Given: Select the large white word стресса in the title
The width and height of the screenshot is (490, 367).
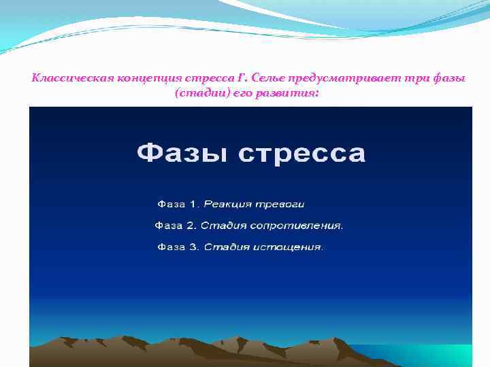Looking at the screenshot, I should [302, 154].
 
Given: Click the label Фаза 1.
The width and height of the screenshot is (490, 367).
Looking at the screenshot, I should [178, 204].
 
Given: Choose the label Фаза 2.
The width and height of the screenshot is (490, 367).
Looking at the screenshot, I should [177, 225].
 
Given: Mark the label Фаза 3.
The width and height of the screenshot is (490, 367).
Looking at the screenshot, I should [178, 247].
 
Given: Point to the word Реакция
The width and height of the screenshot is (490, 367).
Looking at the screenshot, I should [227, 204].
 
